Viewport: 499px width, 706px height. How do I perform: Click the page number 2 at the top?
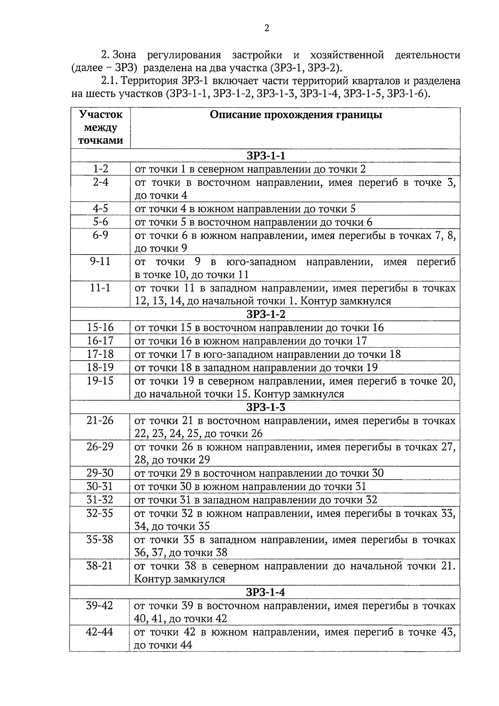[267, 28]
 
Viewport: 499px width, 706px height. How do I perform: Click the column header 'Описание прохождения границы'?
[296, 115]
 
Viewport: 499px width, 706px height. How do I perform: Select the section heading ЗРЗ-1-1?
[266, 156]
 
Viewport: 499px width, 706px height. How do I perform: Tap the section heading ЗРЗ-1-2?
[266, 314]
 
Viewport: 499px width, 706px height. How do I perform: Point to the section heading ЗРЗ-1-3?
[266, 407]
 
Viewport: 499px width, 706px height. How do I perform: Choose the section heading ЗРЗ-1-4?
[266, 592]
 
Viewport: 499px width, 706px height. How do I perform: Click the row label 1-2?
[100, 169]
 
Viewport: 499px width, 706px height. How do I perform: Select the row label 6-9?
[100, 235]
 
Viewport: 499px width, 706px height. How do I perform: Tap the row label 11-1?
[100, 288]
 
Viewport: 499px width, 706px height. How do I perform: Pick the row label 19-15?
[100, 381]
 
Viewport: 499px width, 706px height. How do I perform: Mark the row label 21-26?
[100, 420]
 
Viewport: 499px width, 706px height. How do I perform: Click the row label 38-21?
[100, 566]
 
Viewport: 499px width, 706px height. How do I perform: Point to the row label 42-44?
[100, 632]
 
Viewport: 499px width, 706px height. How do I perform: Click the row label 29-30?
[100, 473]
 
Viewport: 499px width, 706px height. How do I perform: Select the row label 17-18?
[100, 354]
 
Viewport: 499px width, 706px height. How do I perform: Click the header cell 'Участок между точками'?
[100, 127]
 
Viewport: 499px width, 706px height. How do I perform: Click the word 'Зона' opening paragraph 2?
[124, 55]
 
